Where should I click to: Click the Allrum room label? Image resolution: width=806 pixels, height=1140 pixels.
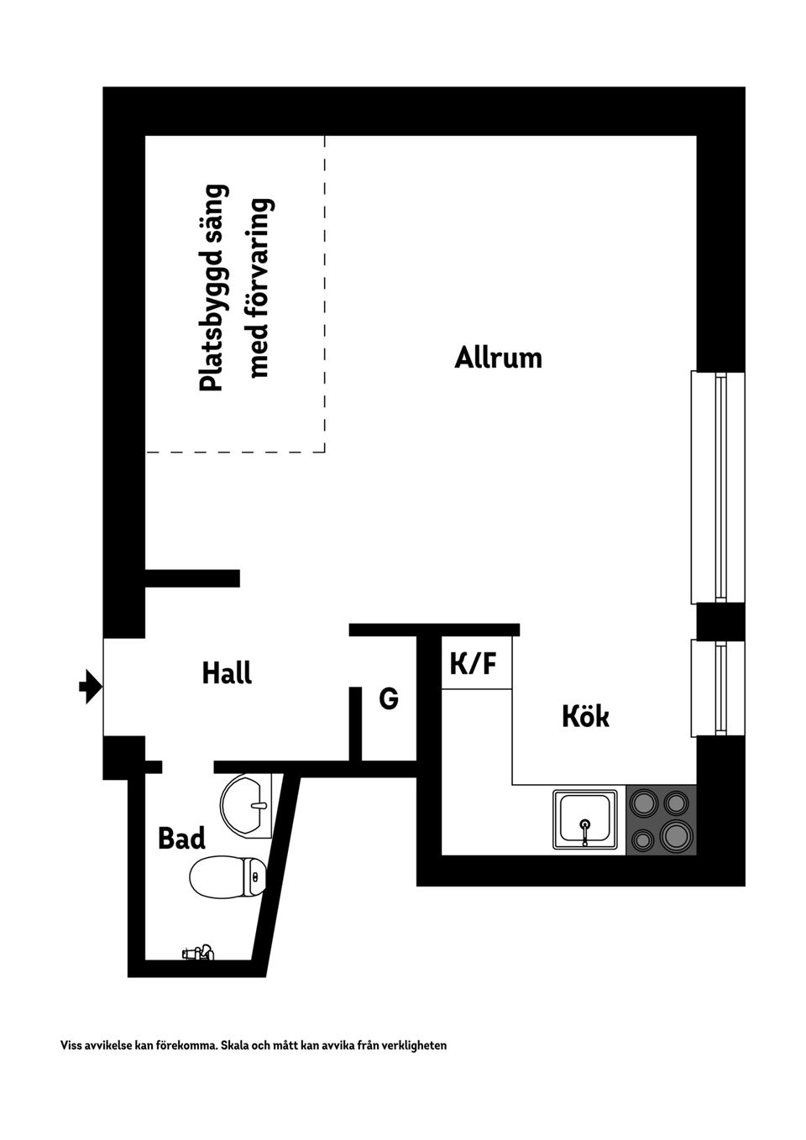coord(498,358)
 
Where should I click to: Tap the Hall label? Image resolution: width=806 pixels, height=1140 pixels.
coord(227,673)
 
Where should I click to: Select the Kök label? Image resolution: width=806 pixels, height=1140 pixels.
coord(585,717)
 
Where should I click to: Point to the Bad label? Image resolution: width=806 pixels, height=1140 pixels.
coord(181,838)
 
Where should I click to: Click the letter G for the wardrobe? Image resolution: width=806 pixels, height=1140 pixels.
coord(388,698)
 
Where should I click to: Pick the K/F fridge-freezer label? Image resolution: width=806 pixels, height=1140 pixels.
coord(474,665)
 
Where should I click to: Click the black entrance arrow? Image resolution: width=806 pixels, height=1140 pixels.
coord(90,687)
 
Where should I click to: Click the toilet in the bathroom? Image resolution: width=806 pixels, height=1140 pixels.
coord(228,877)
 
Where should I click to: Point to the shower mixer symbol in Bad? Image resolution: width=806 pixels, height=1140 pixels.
coord(199,953)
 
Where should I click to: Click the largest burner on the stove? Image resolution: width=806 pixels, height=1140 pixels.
coord(676,835)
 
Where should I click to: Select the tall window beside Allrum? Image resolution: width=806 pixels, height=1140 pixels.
coord(718,487)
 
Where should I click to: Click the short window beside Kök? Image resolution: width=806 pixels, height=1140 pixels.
coord(718,688)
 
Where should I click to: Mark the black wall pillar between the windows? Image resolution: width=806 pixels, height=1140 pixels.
coord(720,621)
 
